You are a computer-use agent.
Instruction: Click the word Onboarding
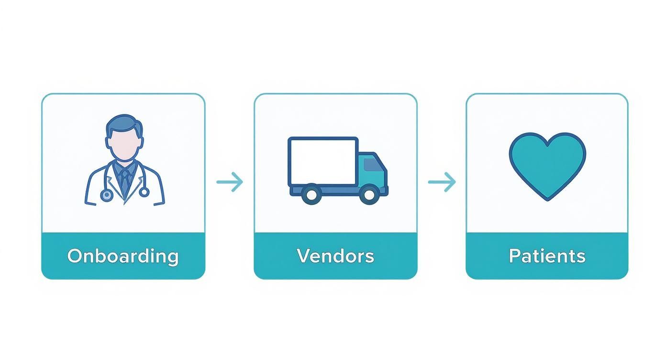click(x=123, y=256)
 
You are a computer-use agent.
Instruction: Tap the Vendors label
click(x=335, y=256)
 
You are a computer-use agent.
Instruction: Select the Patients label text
click(x=547, y=256)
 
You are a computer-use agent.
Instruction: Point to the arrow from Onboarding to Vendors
click(x=230, y=182)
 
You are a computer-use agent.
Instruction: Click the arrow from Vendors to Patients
click(x=442, y=182)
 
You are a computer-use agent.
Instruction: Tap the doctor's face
click(x=124, y=144)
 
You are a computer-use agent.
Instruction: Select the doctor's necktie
click(x=124, y=180)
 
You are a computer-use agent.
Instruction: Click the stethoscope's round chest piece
click(x=106, y=195)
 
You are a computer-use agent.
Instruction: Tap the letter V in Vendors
click(x=302, y=256)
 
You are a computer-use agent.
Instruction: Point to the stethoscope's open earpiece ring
click(x=144, y=192)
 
